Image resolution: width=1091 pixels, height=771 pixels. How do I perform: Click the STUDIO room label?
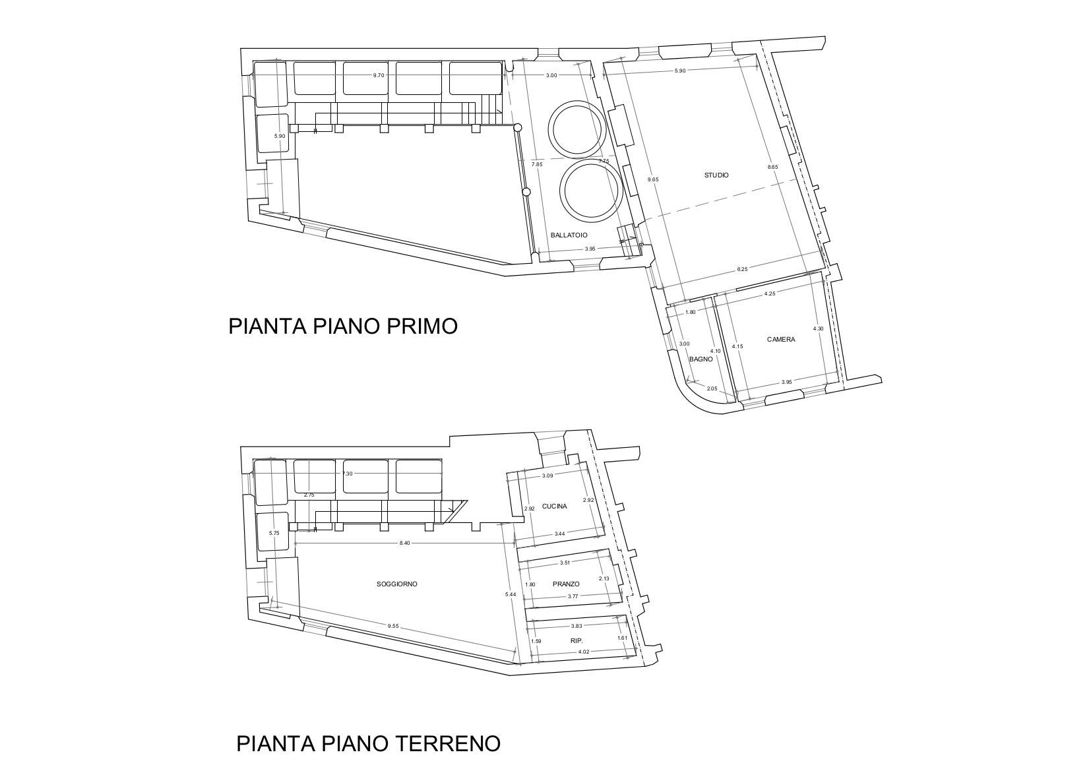716,175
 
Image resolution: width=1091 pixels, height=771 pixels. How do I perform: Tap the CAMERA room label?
781,340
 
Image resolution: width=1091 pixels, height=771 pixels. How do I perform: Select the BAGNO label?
701,359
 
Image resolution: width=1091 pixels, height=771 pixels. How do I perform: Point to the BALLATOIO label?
569,235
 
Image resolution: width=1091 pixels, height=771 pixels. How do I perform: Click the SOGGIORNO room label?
397,584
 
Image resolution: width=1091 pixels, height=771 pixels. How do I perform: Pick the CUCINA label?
555,507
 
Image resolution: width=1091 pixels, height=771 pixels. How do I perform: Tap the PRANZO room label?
566,584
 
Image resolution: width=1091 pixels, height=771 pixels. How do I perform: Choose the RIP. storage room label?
577,642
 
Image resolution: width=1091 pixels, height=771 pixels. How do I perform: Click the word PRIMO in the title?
422,326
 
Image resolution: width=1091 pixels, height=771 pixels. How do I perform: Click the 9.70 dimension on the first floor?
379,75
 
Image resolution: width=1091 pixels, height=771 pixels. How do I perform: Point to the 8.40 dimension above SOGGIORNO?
404,543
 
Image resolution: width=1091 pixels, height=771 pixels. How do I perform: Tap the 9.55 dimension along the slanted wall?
393,627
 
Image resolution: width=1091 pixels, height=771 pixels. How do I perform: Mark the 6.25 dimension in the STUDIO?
742,269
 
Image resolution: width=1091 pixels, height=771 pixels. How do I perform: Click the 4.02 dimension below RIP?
584,652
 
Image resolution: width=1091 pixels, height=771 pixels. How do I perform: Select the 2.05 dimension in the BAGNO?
712,388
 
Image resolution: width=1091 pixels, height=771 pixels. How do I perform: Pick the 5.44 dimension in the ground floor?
511,594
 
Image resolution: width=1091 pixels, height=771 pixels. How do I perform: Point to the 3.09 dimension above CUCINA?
547,476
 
